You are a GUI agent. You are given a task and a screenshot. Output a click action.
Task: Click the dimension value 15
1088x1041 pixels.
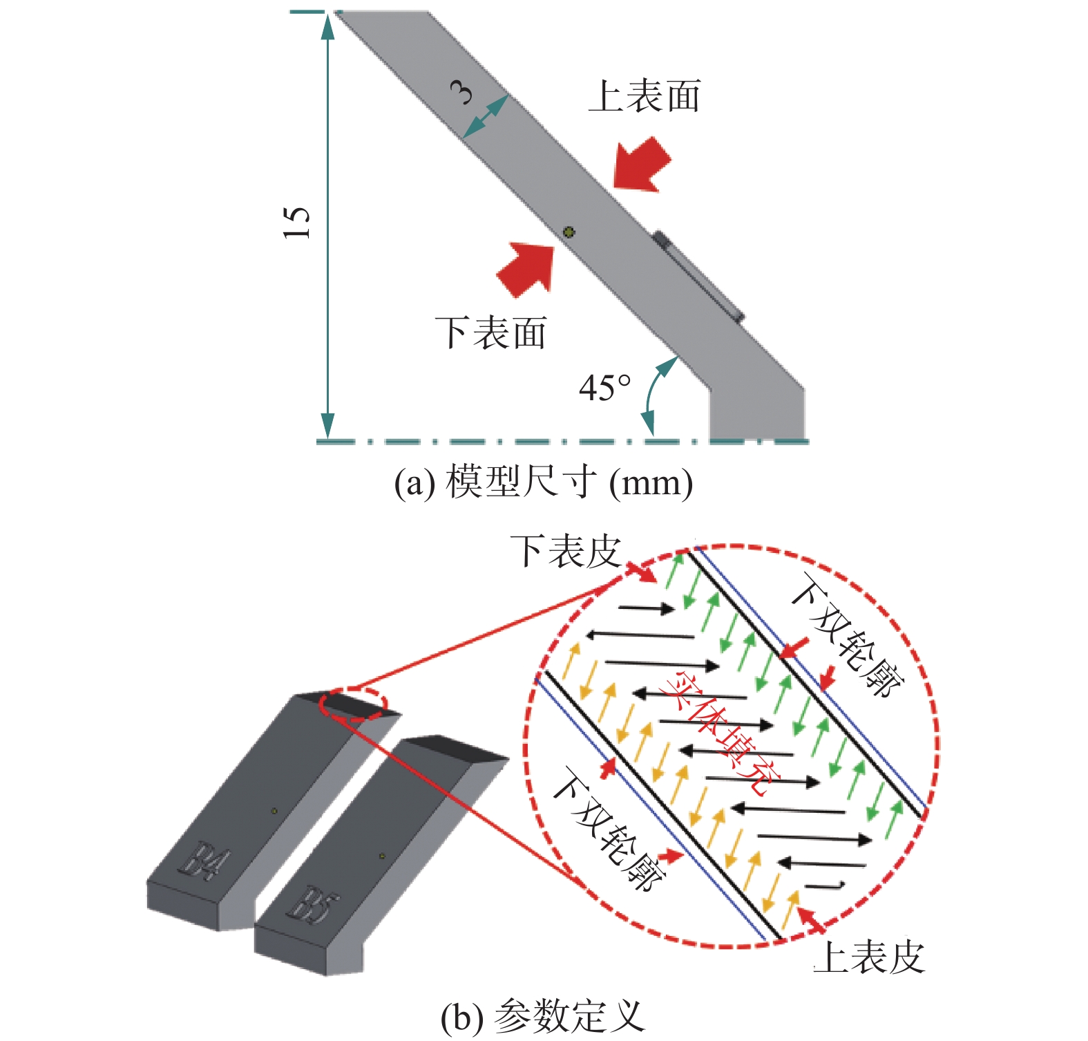click(297, 223)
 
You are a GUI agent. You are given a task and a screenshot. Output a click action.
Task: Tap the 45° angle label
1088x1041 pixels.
click(604, 388)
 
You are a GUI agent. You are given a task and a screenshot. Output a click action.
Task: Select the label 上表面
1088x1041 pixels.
click(644, 96)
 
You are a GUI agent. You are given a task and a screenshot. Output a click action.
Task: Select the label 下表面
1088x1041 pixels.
click(491, 332)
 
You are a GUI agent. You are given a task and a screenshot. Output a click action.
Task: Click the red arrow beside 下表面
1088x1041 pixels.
click(526, 268)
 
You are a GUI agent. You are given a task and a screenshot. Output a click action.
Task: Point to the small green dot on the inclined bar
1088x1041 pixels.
click(569, 232)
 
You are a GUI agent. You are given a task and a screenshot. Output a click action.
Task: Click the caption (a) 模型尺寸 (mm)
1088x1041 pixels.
click(543, 482)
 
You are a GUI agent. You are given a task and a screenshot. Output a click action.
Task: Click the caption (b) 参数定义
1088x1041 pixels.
click(543, 1016)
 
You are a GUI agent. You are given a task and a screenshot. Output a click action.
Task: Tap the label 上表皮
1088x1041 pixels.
click(869, 957)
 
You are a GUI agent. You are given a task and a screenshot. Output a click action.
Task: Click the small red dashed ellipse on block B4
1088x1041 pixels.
click(353, 705)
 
